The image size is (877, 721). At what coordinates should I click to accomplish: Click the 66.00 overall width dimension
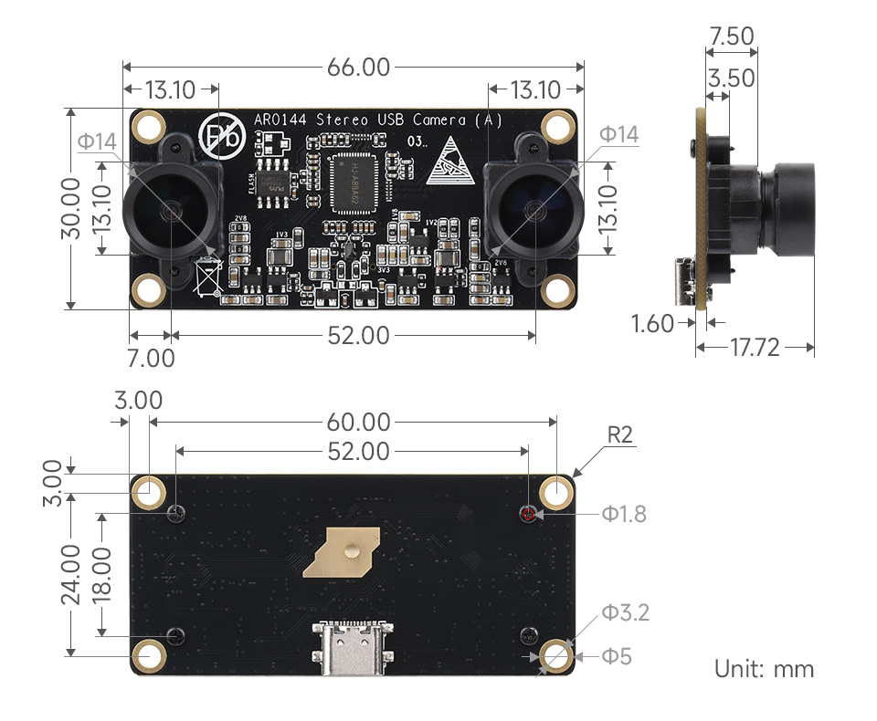coord(354,68)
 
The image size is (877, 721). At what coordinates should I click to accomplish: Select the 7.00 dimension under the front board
coord(151,358)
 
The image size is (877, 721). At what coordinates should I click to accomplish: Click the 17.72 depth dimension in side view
coord(755,347)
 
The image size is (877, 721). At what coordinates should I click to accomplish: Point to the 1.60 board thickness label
coord(652,323)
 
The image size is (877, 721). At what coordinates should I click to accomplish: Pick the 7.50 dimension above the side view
coord(731,37)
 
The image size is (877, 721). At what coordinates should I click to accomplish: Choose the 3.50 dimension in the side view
coord(732,78)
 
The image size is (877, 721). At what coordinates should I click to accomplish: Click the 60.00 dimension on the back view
coord(354,423)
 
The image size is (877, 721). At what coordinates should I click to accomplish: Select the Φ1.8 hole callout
coord(624,514)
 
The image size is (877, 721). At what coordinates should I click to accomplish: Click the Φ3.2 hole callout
coord(625,612)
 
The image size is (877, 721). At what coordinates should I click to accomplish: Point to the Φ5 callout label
coord(617,656)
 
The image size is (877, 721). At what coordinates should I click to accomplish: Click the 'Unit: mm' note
coord(764,669)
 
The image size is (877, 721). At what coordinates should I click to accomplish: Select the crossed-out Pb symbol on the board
coord(222,138)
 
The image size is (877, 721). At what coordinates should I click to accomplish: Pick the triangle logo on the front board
coord(451,160)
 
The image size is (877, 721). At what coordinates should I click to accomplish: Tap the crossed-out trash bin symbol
coord(208,277)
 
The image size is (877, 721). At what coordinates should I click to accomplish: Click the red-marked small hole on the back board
coord(527,514)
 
